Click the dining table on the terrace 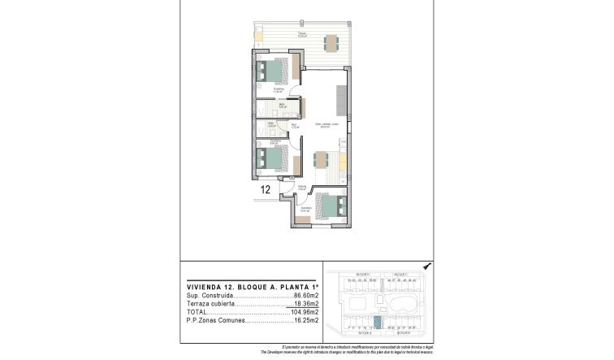[x=331, y=41]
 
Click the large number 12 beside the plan [x=265, y=189]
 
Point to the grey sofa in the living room [x=342, y=99]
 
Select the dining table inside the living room [x=320, y=159]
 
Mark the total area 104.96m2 [x=305, y=312]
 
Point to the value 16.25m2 [x=305, y=320]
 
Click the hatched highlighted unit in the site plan [x=375, y=322]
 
